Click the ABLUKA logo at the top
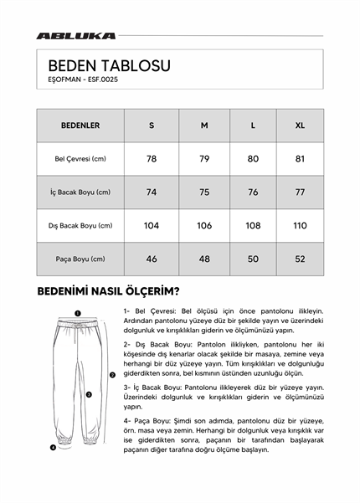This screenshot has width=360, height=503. pyautogui.click(x=75, y=36)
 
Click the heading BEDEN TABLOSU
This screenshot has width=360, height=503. pyautogui.click(x=109, y=64)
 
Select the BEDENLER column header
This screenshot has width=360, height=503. pyautogui.click(x=80, y=126)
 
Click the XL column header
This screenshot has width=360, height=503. pyautogui.click(x=300, y=126)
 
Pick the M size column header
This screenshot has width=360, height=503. pyautogui.click(x=203, y=126)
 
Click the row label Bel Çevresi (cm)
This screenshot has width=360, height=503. pyautogui.click(x=80, y=158)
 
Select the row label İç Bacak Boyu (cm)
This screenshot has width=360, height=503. pyautogui.click(x=80, y=192)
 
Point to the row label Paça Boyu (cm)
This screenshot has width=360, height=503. pyautogui.click(x=80, y=259)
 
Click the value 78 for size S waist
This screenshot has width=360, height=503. pyautogui.click(x=152, y=158)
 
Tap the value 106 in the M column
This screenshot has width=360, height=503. pyautogui.click(x=203, y=225)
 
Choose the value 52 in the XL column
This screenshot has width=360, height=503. pyautogui.click(x=300, y=259)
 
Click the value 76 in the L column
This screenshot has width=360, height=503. pyautogui.click(x=253, y=192)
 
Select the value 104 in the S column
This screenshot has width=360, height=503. pyautogui.click(x=152, y=225)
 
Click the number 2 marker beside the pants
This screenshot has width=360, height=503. pyautogui.click(x=112, y=375)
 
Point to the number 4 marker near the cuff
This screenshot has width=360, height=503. pyautogui.click(x=53, y=447)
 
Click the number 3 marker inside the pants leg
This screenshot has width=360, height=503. pyautogui.click(x=89, y=393)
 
